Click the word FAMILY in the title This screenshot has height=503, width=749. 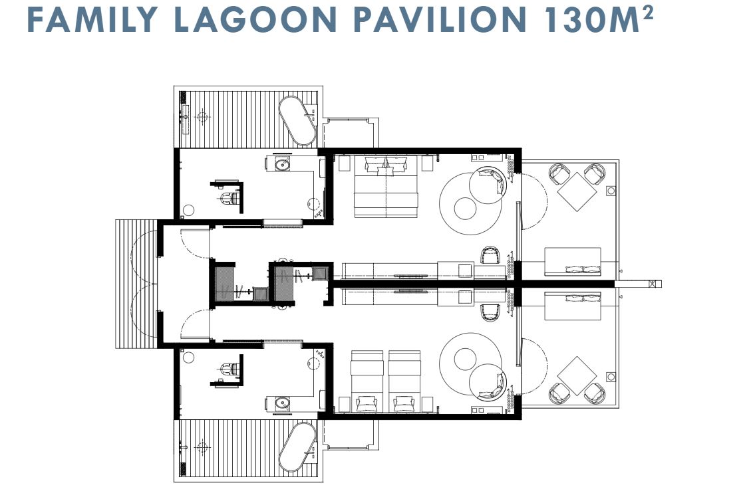[x=92, y=19]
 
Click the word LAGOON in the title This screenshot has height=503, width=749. [x=255, y=19]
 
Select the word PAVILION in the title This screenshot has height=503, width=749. [x=440, y=19]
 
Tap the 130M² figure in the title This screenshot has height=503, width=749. [x=599, y=19]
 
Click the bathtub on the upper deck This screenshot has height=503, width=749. [x=297, y=121]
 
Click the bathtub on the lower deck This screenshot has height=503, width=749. [x=297, y=447]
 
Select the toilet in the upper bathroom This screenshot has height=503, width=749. [x=228, y=197]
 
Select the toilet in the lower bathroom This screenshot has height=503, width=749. [x=228, y=369]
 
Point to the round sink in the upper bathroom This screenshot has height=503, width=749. [x=282, y=165]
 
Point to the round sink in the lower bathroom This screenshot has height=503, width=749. [x=282, y=403]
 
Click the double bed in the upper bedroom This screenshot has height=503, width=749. [x=386, y=187]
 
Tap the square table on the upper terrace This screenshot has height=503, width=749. [x=577, y=192]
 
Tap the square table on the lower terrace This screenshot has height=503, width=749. [x=577, y=375]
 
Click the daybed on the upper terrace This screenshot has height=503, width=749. [x=573, y=262]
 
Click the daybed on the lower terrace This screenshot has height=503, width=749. [x=573, y=306]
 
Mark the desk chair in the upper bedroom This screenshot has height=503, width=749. [x=490, y=255]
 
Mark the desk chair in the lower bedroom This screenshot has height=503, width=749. [x=490, y=312]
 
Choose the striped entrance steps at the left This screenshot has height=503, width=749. [x=136, y=284]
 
